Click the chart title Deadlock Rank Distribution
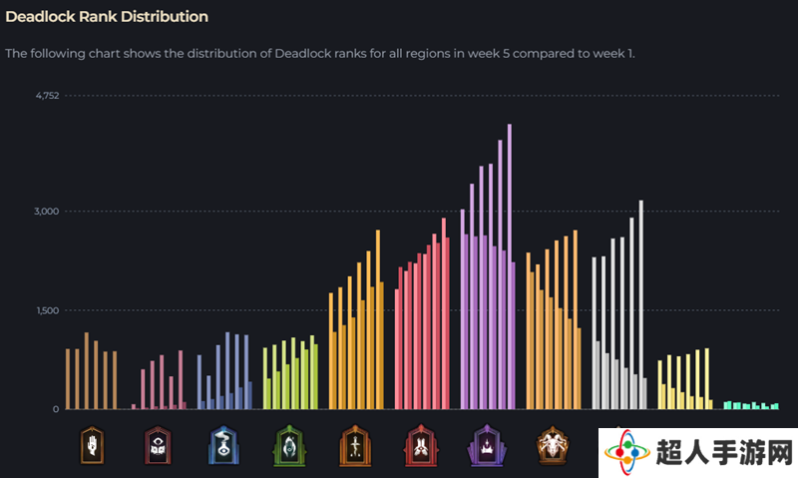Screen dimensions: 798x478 click(x=107, y=17)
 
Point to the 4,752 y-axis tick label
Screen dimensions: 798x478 click(x=47, y=96)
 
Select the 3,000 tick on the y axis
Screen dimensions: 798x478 click(x=47, y=212)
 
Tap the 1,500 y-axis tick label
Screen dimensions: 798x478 click(x=48, y=310)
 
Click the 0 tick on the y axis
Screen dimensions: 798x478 click(x=56, y=409)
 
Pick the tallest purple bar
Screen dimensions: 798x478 click(x=510, y=266)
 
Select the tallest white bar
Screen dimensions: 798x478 click(x=641, y=304)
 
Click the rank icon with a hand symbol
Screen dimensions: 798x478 click(x=92, y=445)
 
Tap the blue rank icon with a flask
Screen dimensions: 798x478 click(x=223, y=445)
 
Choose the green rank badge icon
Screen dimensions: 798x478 click(x=289, y=446)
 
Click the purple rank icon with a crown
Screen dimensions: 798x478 click(x=487, y=446)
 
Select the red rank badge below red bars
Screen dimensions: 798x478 click(x=421, y=446)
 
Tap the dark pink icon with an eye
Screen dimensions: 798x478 click(x=158, y=445)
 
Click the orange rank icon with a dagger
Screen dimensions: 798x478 click(x=355, y=446)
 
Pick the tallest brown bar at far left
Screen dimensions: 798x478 click(x=87, y=370)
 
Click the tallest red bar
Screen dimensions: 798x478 click(x=444, y=313)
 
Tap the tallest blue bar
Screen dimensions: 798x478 click(x=227, y=370)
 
